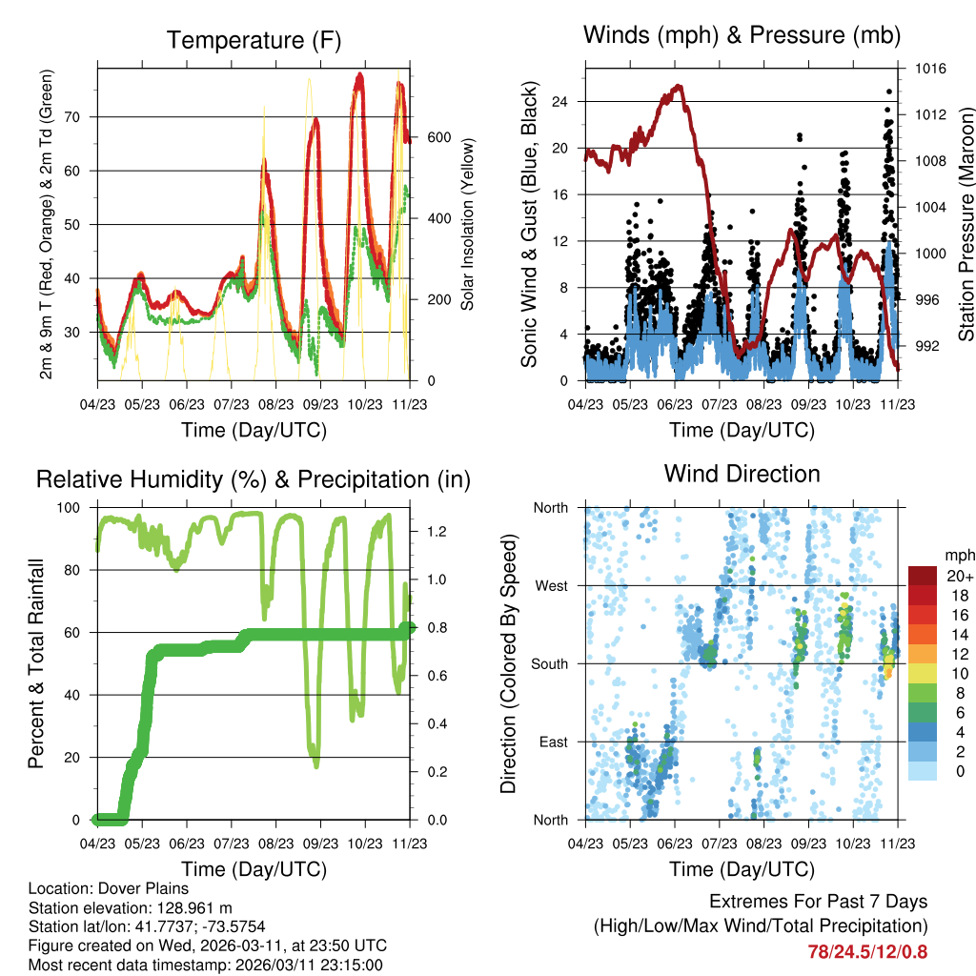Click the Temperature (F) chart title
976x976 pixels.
pos(254,40)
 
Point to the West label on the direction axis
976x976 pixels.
pos(552,585)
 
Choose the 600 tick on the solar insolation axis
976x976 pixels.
pos(437,136)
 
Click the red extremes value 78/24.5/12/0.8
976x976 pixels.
pos(867,951)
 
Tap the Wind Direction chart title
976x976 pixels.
pos(742,473)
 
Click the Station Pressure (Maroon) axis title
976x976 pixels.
pos(966,224)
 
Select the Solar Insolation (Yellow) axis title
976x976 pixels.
pos(468,224)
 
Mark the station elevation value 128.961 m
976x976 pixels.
pos(189,908)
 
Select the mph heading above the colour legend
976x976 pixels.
pos(957,555)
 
